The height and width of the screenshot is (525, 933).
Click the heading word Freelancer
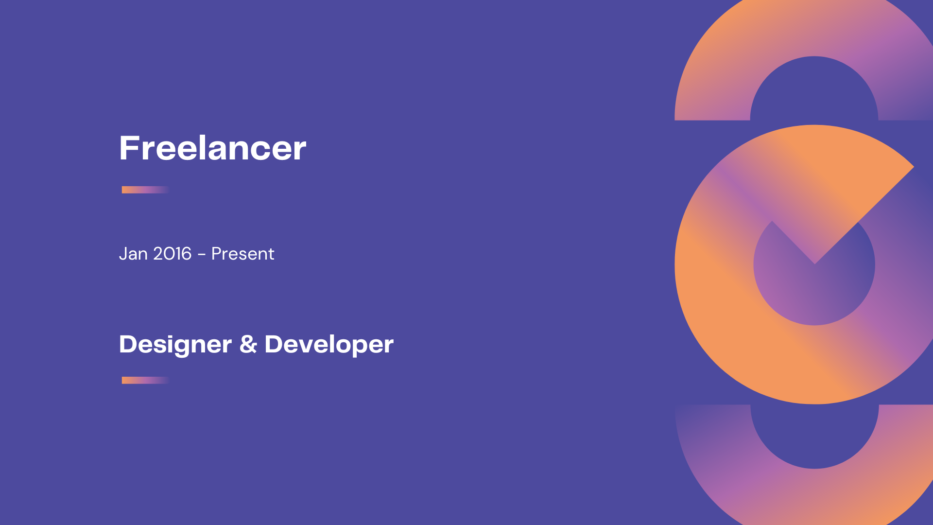[x=212, y=148]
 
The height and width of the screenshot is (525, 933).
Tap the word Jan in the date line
[x=133, y=254]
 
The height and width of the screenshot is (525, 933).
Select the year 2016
[x=173, y=254]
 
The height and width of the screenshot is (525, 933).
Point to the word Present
[x=242, y=254]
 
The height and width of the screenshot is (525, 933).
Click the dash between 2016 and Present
[x=202, y=255]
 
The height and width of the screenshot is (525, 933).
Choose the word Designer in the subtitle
[x=175, y=345]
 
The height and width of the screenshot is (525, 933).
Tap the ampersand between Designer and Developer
[x=248, y=344]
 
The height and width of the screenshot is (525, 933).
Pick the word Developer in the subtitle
[x=329, y=345]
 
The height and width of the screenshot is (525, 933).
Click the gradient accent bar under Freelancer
[x=145, y=190]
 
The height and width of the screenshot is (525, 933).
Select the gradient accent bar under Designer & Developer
[x=145, y=380]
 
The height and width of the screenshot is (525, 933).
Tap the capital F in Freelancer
[x=129, y=148]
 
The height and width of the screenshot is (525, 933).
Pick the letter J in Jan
[x=122, y=254]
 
